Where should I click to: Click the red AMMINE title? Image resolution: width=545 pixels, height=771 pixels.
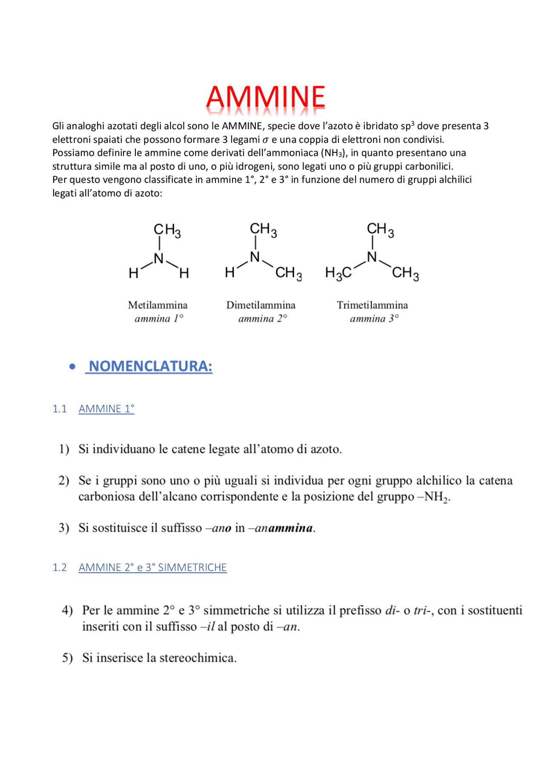266,97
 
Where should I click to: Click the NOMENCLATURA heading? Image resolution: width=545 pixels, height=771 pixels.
150,366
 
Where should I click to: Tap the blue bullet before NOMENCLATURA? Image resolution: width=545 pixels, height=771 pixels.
73,367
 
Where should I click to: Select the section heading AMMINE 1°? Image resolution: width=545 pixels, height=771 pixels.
106,409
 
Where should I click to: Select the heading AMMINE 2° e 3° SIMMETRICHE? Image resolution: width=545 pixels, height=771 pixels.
152,568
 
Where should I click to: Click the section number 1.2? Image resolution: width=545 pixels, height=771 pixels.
60,568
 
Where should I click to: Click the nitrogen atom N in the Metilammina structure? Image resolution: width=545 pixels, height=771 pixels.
159,258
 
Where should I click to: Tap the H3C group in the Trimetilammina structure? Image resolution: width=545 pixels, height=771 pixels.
338,273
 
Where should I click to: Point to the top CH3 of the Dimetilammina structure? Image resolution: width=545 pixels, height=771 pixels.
263,229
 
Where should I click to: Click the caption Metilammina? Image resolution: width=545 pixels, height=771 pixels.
158,305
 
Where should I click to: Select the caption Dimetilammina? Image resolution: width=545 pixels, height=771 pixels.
261,305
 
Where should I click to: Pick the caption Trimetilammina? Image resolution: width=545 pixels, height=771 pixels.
372,305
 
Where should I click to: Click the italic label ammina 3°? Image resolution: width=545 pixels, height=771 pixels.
374,319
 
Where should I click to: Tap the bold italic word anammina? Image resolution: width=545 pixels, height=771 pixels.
284,528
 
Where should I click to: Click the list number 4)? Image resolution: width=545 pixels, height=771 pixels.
67,610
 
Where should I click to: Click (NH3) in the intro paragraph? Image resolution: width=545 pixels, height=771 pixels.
334,153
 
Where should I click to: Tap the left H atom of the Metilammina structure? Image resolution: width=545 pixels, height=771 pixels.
133,273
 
